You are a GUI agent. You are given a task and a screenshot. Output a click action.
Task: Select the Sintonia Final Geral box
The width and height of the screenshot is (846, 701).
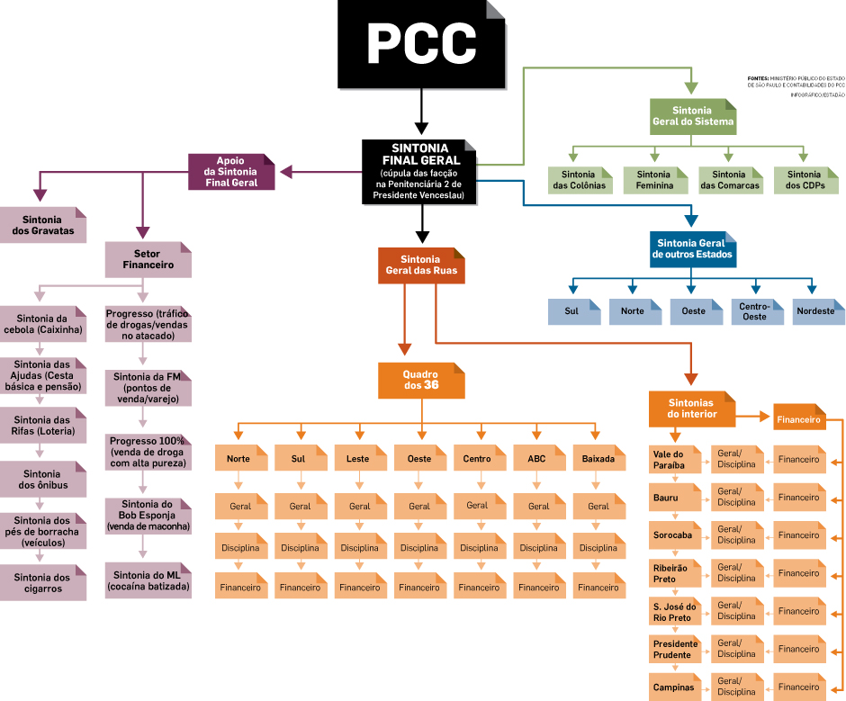pos(419,171)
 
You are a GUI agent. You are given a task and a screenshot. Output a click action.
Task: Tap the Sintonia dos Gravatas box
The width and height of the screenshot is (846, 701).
pos(43,225)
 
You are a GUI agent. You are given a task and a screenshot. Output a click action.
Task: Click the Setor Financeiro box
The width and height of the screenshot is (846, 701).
pos(148,259)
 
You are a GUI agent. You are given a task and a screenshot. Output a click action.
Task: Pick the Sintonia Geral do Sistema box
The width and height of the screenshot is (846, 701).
pos(691,115)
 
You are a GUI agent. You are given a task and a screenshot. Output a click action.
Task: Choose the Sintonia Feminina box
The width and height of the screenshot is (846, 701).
pos(653,180)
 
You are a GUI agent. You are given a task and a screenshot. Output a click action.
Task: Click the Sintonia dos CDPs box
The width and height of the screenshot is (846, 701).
pos(804,180)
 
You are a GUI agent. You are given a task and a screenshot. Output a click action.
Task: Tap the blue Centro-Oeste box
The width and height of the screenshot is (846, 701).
pos(753,311)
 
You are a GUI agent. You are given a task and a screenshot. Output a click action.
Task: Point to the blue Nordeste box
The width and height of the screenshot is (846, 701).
pos(815,311)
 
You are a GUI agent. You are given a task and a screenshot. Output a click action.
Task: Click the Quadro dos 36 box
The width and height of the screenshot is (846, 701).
pos(421,380)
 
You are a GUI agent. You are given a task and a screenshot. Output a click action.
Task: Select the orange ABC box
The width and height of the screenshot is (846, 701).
pos(537,459)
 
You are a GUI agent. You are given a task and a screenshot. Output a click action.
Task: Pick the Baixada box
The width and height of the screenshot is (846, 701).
pos(598,459)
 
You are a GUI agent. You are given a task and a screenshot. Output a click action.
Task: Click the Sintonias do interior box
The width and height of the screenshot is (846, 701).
pos(691,409)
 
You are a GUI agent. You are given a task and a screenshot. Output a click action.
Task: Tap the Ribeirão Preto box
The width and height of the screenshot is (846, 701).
pos(676,573)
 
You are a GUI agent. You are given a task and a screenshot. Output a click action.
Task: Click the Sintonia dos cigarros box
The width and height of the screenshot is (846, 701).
pos(43,583)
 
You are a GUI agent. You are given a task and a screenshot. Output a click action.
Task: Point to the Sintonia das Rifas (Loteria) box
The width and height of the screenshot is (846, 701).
pos(43,426)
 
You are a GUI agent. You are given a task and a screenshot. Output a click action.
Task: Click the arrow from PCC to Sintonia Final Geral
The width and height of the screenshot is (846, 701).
pos(420,112)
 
